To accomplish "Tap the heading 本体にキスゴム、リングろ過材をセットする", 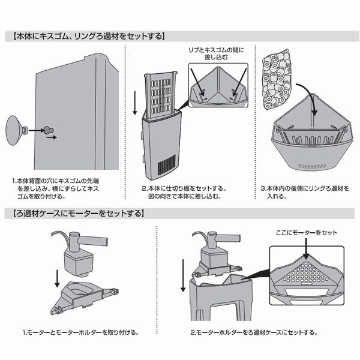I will click(x=88, y=35).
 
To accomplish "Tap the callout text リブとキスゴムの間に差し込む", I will click(x=218, y=55).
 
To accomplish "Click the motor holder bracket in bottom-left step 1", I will click(x=84, y=297).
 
